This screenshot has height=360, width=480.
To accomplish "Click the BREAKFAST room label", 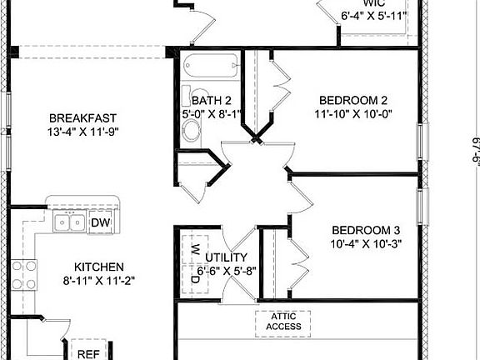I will click(x=82, y=117).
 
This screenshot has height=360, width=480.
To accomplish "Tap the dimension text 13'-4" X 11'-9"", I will click(x=82, y=132).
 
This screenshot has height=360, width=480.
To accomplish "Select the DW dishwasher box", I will click(x=100, y=222).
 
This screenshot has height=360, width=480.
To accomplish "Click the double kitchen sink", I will click(x=67, y=222).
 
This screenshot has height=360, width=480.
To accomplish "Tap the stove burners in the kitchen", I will click(x=24, y=275).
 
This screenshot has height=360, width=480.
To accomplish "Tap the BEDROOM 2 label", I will click(x=352, y=98).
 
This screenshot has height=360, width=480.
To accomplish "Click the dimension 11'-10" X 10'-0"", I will click(x=352, y=113).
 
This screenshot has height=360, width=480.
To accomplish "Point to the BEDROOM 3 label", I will click(x=366, y=231).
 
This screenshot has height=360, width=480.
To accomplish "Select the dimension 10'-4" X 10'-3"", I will click(x=366, y=245).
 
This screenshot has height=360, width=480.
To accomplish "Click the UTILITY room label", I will click(x=226, y=257).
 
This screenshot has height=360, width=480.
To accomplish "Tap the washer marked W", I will click(x=193, y=248).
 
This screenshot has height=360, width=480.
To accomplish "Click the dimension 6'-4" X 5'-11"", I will click(x=372, y=16).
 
